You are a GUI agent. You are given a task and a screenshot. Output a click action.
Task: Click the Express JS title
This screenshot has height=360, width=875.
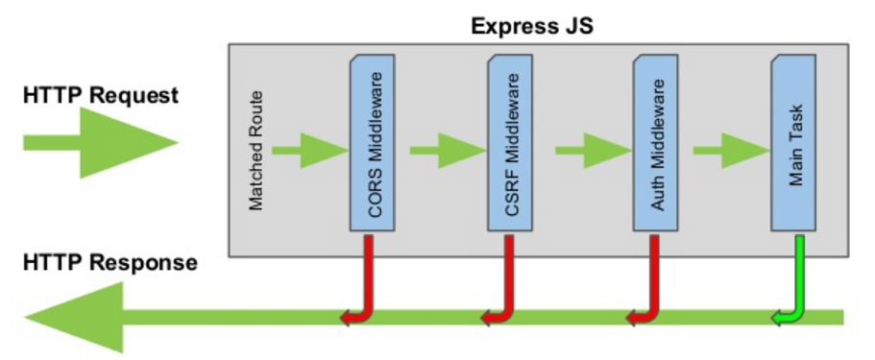coord(531,25)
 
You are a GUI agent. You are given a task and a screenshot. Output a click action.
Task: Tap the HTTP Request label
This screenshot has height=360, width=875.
coord(101,96)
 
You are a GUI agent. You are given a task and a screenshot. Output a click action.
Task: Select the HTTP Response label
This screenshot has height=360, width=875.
coord(109,262)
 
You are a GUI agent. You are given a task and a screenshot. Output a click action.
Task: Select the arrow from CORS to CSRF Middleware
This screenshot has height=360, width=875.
coord(447,150)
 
